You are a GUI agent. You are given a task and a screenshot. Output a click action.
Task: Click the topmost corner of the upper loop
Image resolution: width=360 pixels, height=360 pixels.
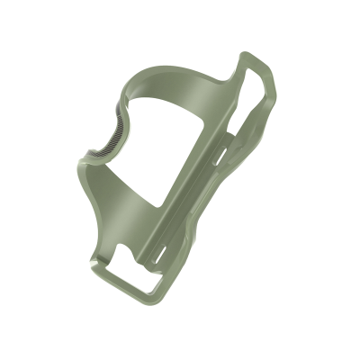(x=247, y=56)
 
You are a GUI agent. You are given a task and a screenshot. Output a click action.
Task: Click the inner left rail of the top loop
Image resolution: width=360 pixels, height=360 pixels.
(x=245, y=90)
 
